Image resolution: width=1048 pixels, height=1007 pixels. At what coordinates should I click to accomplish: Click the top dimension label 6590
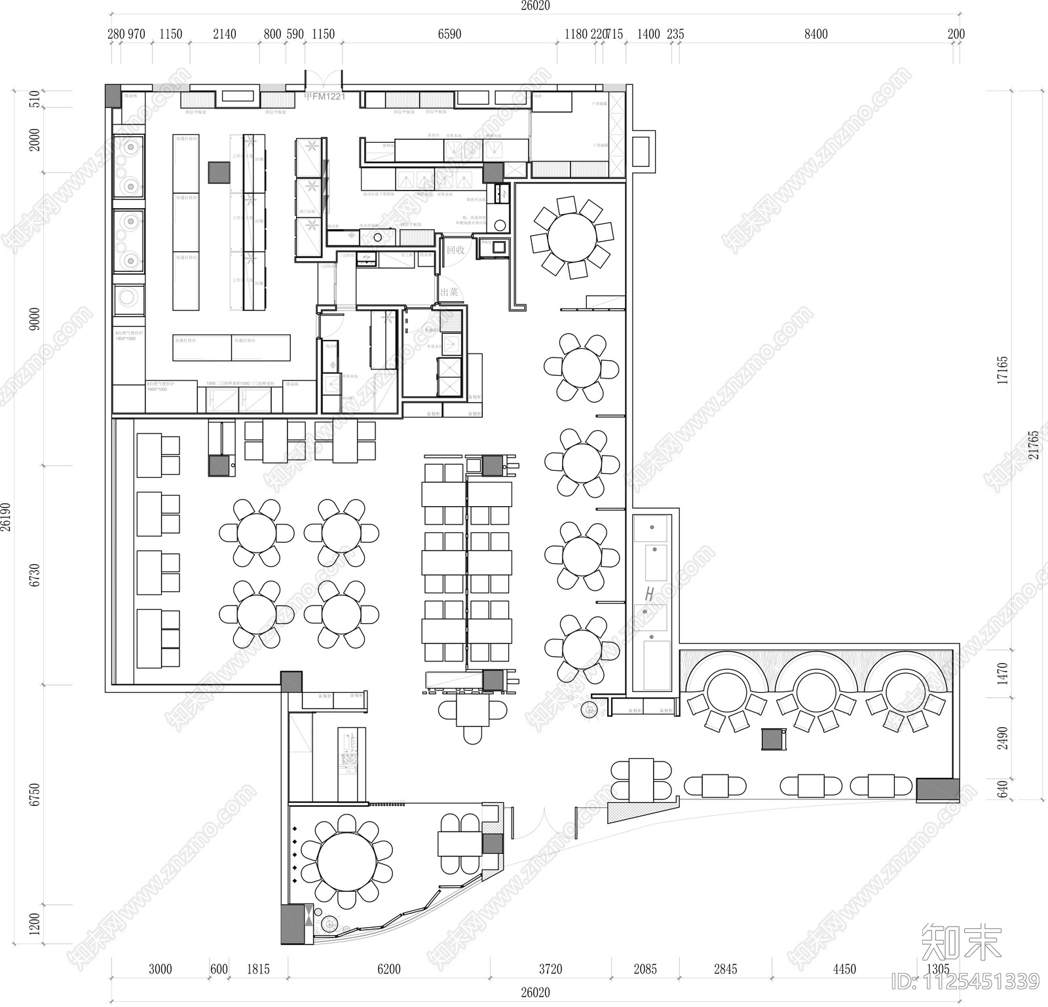(449, 34)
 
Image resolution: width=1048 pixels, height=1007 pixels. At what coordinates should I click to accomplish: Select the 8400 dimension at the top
(815, 34)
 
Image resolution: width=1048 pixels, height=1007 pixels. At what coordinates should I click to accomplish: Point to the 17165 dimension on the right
(1002, 370)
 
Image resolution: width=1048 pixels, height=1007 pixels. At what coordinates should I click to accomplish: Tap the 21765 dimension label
(1034, 445)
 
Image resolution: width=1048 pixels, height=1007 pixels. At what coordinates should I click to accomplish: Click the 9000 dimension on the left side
(35, 319)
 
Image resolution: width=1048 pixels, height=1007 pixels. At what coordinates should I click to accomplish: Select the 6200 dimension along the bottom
(388, 969)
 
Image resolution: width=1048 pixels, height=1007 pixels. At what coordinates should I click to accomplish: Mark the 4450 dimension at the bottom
(844, 969)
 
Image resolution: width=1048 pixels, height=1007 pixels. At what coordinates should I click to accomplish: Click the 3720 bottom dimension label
(550, 969)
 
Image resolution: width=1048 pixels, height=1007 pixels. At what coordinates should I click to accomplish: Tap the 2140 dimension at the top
(224, 34)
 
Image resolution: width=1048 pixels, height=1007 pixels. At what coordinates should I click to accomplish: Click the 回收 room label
(455, 250)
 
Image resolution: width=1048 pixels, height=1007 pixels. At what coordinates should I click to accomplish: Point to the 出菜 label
(449, 292)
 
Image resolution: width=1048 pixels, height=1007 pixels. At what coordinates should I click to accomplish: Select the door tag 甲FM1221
(324, 97)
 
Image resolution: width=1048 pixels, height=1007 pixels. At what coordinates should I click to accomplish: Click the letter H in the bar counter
(649, 595)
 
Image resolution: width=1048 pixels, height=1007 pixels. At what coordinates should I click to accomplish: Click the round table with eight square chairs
(572, 237)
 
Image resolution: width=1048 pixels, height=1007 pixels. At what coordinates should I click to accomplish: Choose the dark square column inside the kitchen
(219, 172)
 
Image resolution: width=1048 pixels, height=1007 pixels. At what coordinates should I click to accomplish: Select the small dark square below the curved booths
(773, 739)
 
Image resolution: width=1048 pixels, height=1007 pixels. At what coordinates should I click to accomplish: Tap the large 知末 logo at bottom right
(962, 943)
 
